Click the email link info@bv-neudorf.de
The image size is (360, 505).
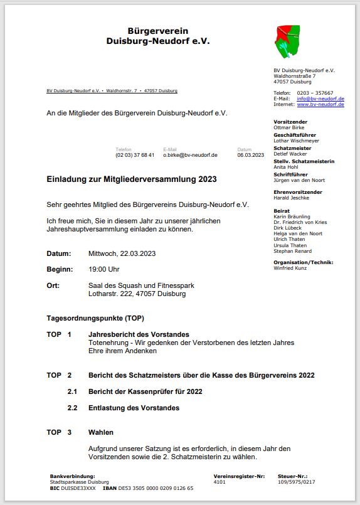pos(320,98)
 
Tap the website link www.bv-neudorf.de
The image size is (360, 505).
pos(320,104)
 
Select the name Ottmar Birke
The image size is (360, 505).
pos(289,127)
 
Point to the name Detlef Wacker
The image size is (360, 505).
pos(290,154)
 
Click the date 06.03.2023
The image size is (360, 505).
pos(251,155)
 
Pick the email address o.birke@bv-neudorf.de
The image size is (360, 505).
pos(190,155)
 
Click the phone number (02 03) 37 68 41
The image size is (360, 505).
pos(135,155)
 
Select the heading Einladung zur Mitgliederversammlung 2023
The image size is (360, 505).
pos(132,179)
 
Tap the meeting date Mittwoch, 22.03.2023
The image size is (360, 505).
pos(122,253)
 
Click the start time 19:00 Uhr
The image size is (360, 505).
pos(104,269)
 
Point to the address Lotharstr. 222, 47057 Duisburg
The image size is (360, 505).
pos(137,294)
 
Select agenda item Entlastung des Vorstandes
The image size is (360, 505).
pos(134,408)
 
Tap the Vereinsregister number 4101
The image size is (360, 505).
pos(219,482)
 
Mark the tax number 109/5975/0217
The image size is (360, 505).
pos(296,482)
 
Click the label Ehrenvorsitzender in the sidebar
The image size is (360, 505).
pos(298,192)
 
